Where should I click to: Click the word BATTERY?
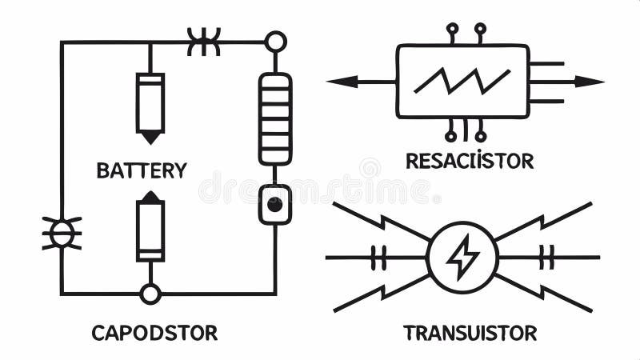click(141, 170)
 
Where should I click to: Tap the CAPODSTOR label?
click(154, 333)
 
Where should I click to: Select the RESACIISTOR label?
click(469, 161)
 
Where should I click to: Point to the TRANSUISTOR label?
click(470, 333)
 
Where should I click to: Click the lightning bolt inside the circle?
click(462, 258)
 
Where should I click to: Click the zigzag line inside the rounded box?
click(462, 80)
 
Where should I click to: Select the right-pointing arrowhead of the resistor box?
click(593, 81)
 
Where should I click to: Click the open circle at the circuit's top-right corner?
click(275, 41)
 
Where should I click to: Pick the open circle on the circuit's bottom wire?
click(150, 294)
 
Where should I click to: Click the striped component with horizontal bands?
click(274, 118)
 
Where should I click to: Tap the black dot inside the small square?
click(274, 205)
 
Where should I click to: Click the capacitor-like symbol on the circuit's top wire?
click(203, 42)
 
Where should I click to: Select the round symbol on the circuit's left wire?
click(62, 233)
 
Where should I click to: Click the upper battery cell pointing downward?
click(150, 106)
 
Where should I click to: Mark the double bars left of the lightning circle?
click(378, 258)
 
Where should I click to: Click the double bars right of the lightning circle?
click(547, 258)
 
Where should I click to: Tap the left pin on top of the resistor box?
click(452, 30)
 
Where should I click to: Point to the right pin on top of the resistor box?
click(480, 30)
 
